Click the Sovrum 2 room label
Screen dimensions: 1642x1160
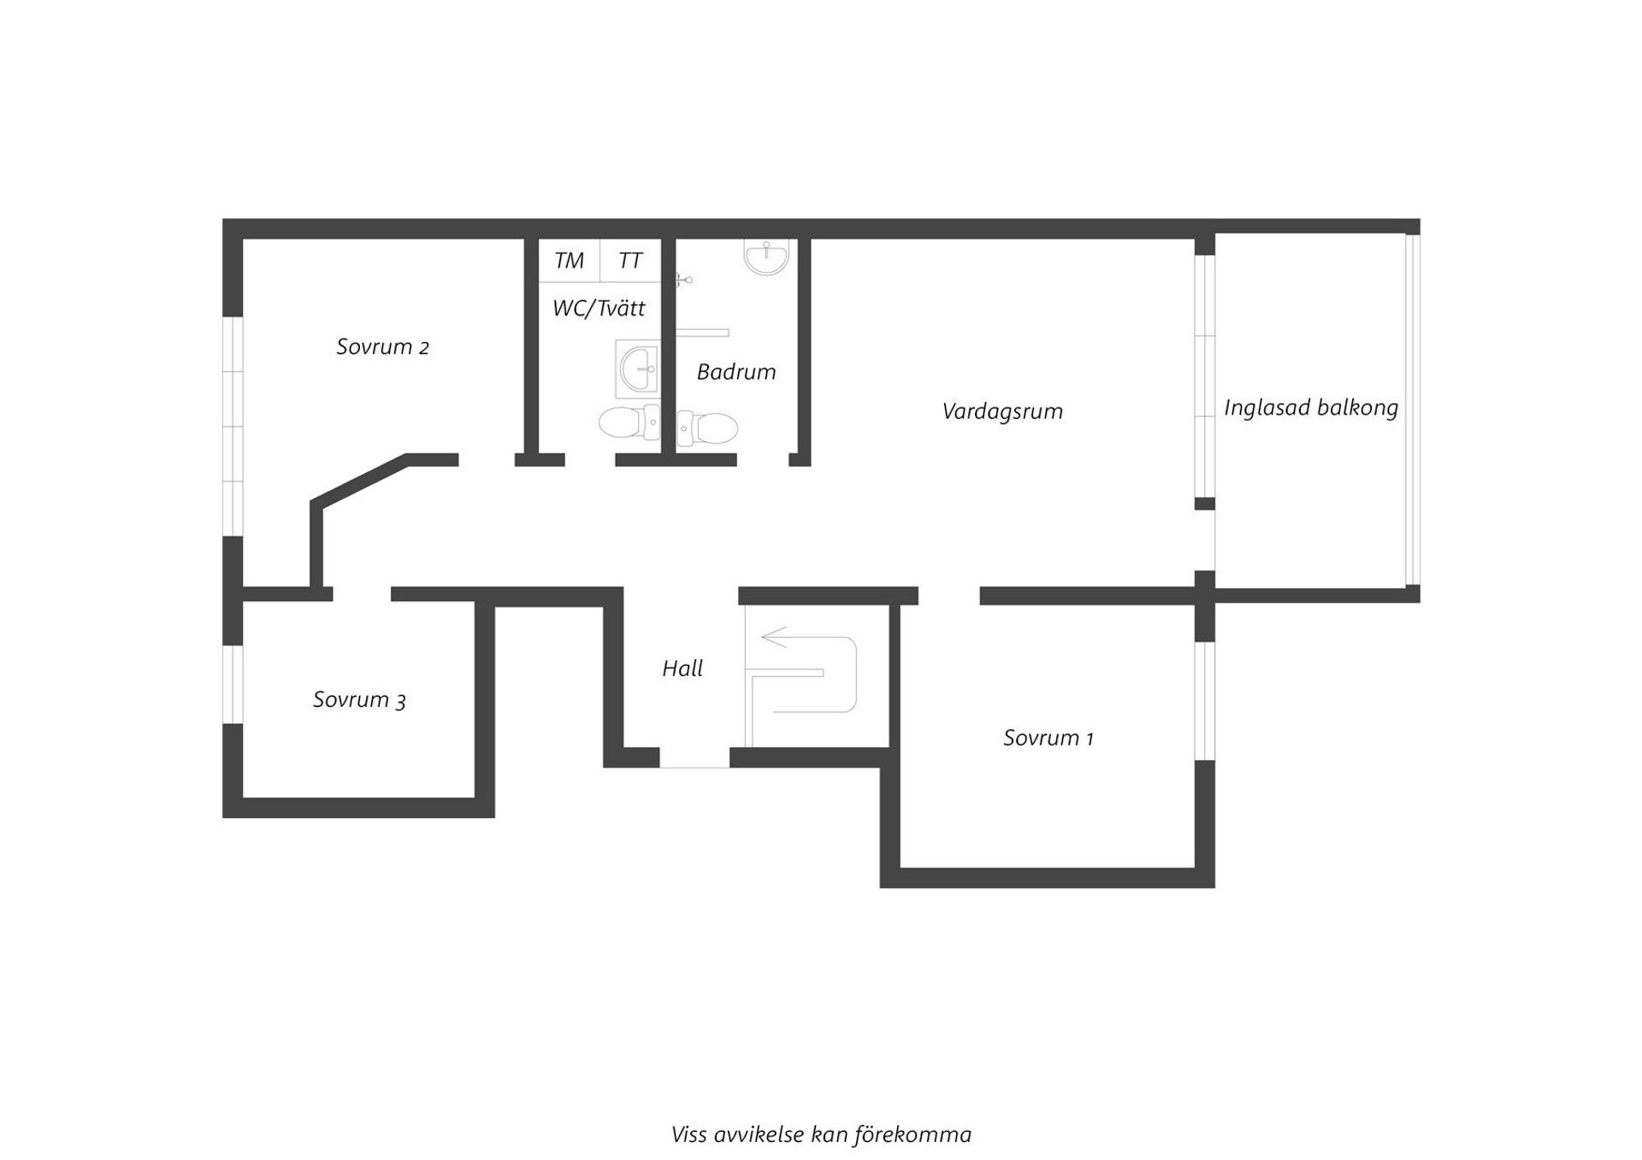pos(382,347)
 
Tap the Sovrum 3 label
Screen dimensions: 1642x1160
pos(359,700)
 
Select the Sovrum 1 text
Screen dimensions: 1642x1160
pos(1048,738)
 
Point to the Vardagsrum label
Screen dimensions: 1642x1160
pos(1002,411)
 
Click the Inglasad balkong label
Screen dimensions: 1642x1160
pos(1311,408)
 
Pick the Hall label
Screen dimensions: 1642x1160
pos(682,668)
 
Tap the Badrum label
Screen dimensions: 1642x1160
pos(736,372)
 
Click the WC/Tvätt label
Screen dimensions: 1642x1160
pos(599,309)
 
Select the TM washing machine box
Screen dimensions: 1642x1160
pos(569,261)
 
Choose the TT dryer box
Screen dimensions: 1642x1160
pos(630,261)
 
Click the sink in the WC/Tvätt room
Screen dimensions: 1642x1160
pos(637,369)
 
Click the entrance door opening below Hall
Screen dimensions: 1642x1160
pos(694,757)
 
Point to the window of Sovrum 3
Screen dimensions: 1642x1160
pos(233,685)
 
